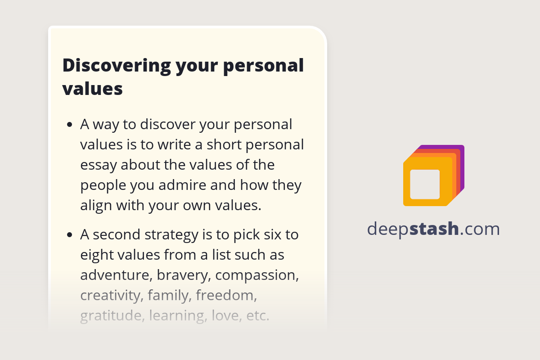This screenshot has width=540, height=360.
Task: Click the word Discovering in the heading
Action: pos(116,66)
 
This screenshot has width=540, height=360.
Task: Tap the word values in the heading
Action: pos(92,89)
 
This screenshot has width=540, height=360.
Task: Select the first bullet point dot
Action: pos(69,125)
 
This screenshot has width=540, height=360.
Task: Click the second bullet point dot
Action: pos(69,235)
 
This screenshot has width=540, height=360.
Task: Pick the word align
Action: pos(96,205)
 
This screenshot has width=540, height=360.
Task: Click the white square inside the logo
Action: pos(425,184)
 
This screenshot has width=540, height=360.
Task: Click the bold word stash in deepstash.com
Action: pos(435,229)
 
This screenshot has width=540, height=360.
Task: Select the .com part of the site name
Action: pos(480,229)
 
